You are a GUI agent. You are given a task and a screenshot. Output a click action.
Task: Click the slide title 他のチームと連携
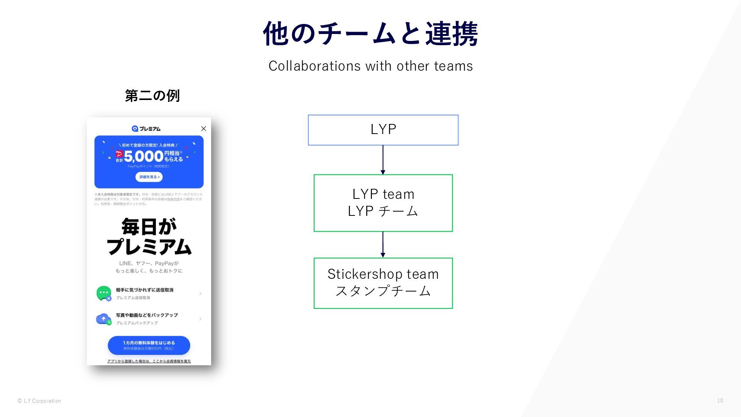[x=370, y=34]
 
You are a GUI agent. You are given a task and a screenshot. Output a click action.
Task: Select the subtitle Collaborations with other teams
[x=370, y=66]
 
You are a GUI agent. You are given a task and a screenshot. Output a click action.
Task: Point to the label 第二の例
[x=152, y=96]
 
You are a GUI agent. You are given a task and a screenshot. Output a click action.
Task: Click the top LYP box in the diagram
[x=383, y=130]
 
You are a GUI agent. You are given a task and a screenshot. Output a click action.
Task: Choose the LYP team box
[x=383, y=203]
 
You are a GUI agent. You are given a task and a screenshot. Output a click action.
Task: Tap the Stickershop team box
[x=383, y=283]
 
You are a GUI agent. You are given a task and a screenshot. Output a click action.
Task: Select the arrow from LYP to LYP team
[x=383, y=160]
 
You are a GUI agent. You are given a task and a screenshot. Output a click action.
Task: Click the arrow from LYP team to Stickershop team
[x=383, y=244]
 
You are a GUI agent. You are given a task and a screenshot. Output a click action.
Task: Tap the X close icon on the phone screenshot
[x=203, y=129]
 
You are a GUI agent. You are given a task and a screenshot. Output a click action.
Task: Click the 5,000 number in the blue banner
[x=144, y=156]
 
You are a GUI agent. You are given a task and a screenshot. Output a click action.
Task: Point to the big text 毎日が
[x=149, y=227]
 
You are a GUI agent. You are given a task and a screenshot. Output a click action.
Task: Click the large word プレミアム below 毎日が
[x=149, y=247]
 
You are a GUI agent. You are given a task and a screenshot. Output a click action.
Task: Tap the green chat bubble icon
[x=103, y=293]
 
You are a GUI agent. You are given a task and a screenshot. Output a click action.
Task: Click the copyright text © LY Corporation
[x=39, y=401]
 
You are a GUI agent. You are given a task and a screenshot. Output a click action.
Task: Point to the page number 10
[x=720, y=400]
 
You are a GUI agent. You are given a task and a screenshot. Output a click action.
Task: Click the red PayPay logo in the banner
[x=119, y=154]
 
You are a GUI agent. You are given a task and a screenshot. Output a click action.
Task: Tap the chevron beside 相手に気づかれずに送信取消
[x=200, y=293]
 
